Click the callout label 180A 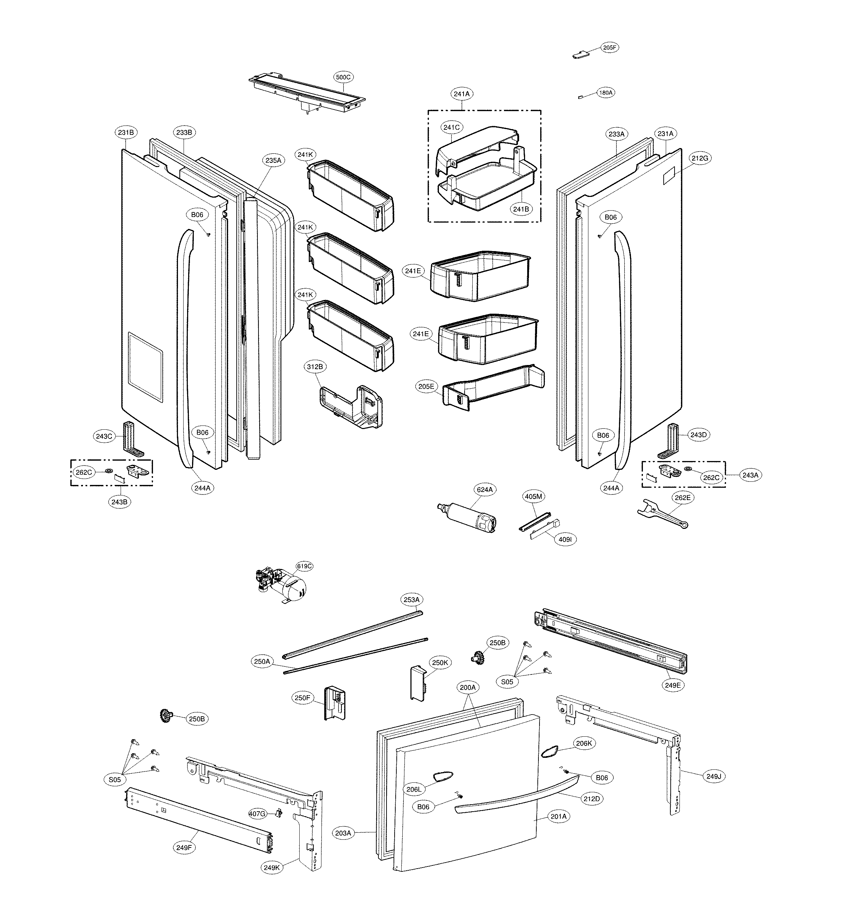point(606,93)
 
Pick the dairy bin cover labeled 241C point(478,149)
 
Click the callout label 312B point(315,366)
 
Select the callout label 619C point(304,567)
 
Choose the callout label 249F point(184,847)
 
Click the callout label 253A point(411,600)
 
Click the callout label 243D point(698,435)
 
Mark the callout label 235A point(273,160)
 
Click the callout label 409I point(564,540)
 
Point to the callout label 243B point(119,502)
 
